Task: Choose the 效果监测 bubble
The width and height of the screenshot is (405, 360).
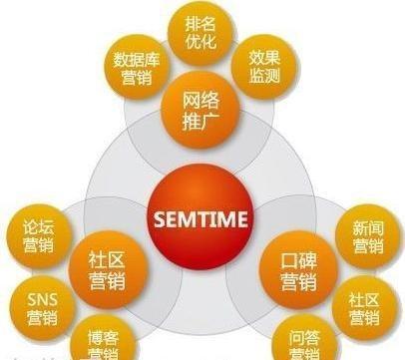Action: point(267,70)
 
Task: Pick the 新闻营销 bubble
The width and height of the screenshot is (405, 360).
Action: point(366,234)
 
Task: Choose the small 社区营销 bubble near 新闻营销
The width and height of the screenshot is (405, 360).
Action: point(364,307)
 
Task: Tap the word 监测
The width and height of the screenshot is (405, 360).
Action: point(267,80)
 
